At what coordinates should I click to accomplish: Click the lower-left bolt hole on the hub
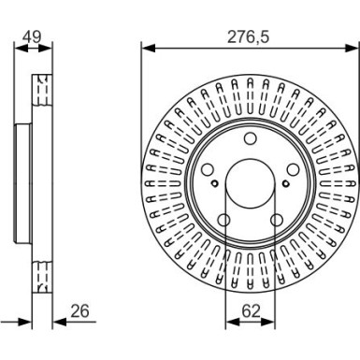tap(224, 221)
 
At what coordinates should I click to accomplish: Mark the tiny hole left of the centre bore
tap(215, 184)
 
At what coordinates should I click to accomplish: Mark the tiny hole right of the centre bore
tap(284, 184)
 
